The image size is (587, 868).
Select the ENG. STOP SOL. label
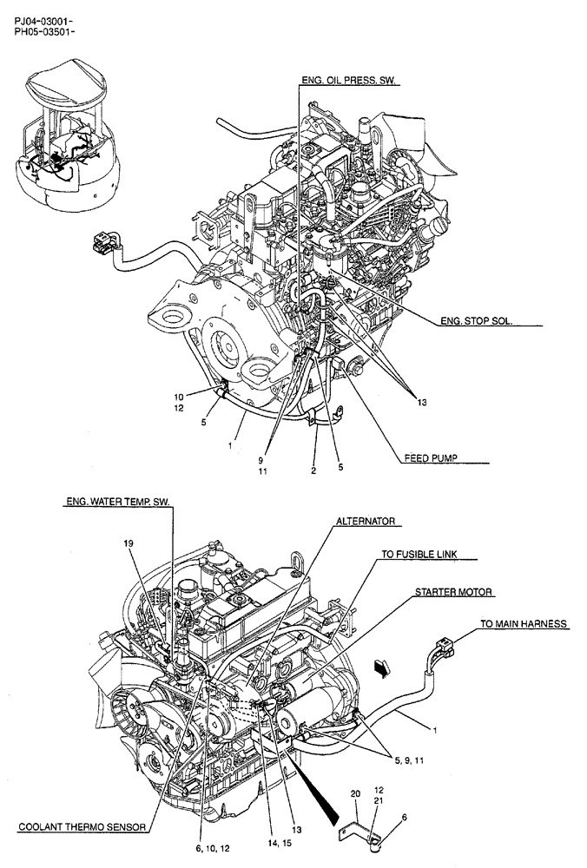coord(476,320)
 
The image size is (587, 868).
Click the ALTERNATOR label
coord(366,521)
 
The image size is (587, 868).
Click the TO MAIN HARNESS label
coord(524,623)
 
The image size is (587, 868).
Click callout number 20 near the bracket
coord(354,793)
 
